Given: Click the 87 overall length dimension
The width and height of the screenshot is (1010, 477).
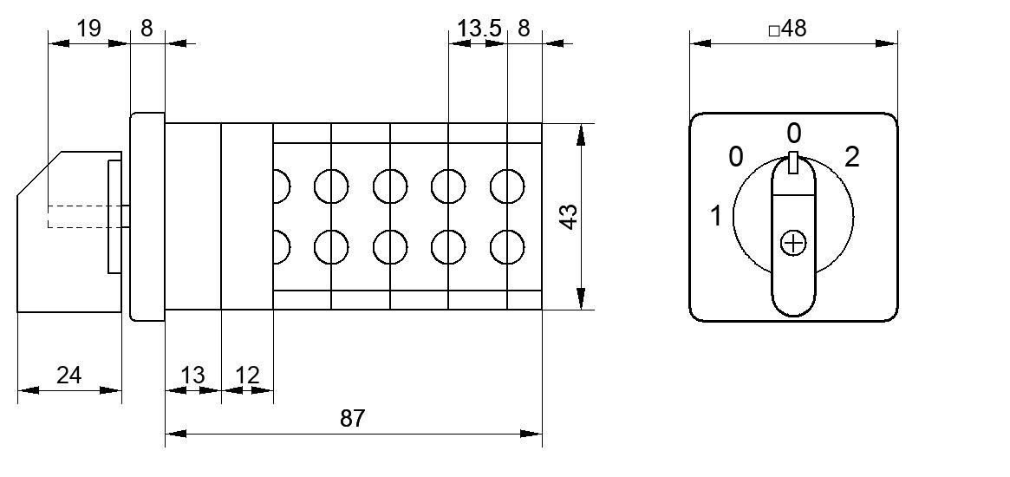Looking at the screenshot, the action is point(352,419).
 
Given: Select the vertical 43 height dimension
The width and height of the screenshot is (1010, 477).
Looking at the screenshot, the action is point(569,217).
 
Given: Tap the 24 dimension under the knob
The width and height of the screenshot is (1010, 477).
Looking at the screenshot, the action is point(68,375).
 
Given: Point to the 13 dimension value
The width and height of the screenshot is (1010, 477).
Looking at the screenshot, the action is point(192,376).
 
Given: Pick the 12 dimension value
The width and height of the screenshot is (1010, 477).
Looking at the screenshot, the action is point(247,376).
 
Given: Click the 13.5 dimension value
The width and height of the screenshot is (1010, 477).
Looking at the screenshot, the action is point(479,29).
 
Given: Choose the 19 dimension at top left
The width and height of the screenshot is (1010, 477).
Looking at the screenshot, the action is point(89,29).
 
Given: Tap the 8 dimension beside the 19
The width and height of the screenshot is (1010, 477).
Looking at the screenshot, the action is point(147,29).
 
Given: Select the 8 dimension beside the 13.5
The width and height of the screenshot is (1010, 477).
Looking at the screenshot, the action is point(524,29).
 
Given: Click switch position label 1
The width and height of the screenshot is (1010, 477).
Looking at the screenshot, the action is point(716,216).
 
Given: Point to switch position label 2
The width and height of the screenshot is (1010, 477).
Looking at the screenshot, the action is point(851,157).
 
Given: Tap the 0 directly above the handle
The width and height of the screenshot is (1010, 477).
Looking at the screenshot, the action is point(794,134).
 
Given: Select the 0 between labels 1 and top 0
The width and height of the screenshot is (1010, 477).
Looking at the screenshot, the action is point(735,157).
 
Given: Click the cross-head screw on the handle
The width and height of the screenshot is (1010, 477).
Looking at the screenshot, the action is point(793,243).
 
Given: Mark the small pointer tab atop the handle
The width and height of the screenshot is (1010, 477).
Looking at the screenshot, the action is point(793,163).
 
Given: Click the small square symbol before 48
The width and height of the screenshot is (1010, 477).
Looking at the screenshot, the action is point(774,30).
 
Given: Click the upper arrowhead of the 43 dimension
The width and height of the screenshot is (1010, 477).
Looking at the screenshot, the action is point(581,135).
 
